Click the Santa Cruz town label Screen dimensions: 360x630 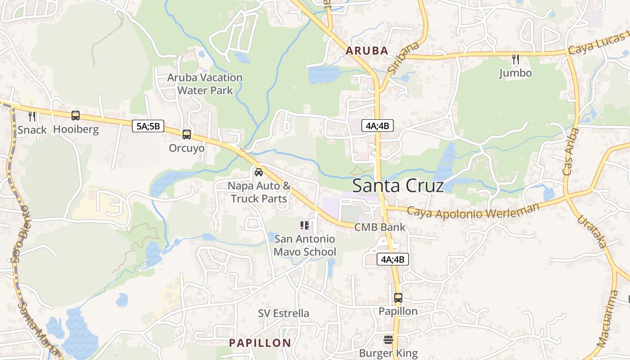pyautogui.click(x=398, y=185)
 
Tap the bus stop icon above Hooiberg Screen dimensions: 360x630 pyautogui.click(x=76, y=116)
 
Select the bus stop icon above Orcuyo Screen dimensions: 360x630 pyautogui.click(x=187, y=134)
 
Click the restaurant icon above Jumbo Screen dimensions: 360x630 pyautogui.click(x=516, y=59)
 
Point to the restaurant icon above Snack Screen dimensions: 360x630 pyautogui.click(x=32, y=117)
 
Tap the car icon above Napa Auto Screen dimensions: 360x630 pyautogui.click(x=259, y=172)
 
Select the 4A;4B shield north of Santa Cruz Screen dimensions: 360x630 pyautogui.click(x=378, y=126)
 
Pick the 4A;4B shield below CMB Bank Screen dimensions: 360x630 pyautogui.click(x=392, y=259)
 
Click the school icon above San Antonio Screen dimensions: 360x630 pyautogui.click(x=305, y=225)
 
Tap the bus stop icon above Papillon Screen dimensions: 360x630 pyautogui.click(x=398, y=297)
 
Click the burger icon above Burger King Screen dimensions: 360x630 pyautogui.click(x=388, y=339)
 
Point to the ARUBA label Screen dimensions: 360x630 pyautogui.click(x=367, y=51)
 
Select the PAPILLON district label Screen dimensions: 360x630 pyautogui.click(x=260, y=343)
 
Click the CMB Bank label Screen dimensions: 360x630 pyautogui.click(x=380, y=227)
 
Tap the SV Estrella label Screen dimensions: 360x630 pyautogui.click(x=283, y=313)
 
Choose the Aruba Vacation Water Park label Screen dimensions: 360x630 pyautogui.click(x=205, y=84)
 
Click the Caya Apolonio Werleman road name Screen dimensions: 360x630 pyautogui.click(x=472, y=211)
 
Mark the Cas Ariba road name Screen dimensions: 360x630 pyautogui.click(x=571, y=152)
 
